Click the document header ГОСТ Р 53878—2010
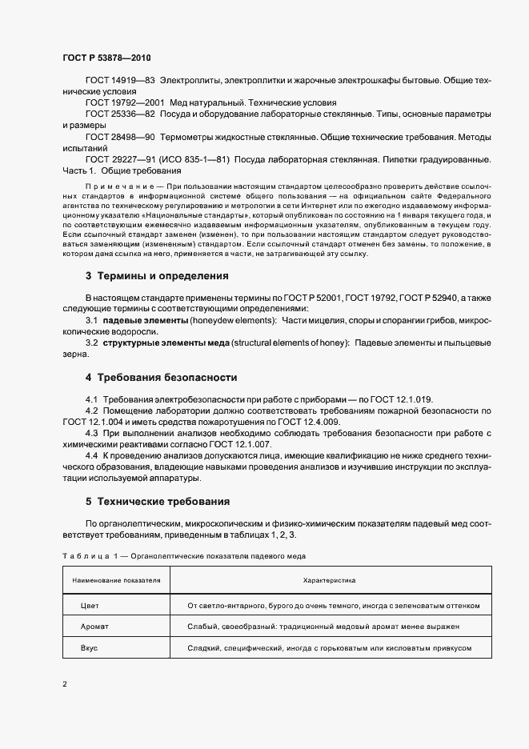click(x=106, y=58)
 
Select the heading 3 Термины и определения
click(x=157, y=276)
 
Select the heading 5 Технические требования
click(x=158, y=502)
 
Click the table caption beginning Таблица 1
click(x=183, y=555)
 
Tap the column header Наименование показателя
click(x=117, y=579)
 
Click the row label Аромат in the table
click(x=94, y=627)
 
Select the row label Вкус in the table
click(x=89, y=647)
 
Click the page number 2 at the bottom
click(x=65, y=684)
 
